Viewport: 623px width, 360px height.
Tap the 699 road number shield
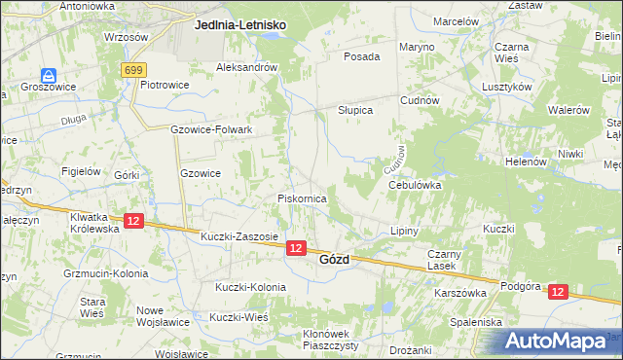click(134, 70)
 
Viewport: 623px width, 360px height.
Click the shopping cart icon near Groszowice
click(48, 76)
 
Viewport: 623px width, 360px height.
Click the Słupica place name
click(355, 111)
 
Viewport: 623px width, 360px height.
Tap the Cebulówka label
click(415, 184)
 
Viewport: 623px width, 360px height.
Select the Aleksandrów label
click(247, 67)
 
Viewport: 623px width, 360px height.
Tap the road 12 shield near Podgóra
click(557, 291)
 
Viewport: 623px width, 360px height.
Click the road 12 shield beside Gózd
click(297, 249)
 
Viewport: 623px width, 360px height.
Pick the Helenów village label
click(526, 162)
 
